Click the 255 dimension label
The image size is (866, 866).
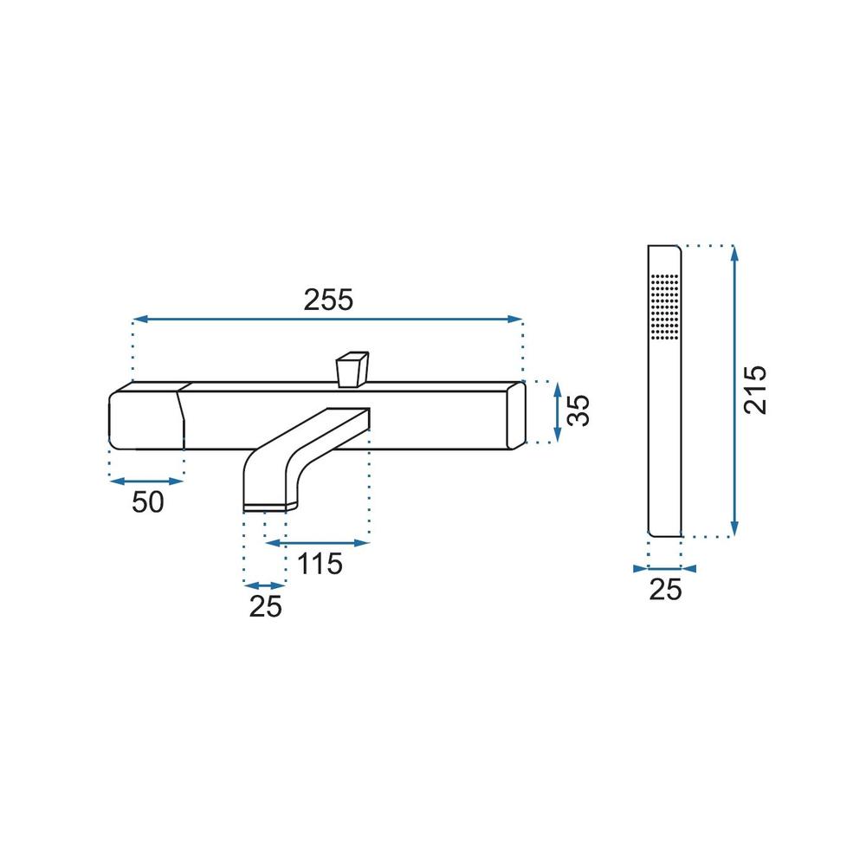[328, 300]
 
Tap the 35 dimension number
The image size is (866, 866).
[580, 410]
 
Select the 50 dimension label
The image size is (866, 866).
[148, 502]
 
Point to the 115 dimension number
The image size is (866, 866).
[320, 564]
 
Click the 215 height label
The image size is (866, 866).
[755, 390]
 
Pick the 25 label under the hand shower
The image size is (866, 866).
[665, 590]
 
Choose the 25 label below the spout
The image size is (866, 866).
[265, 606]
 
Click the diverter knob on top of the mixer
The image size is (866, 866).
[352, 369]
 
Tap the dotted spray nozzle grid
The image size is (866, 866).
[665, 306]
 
